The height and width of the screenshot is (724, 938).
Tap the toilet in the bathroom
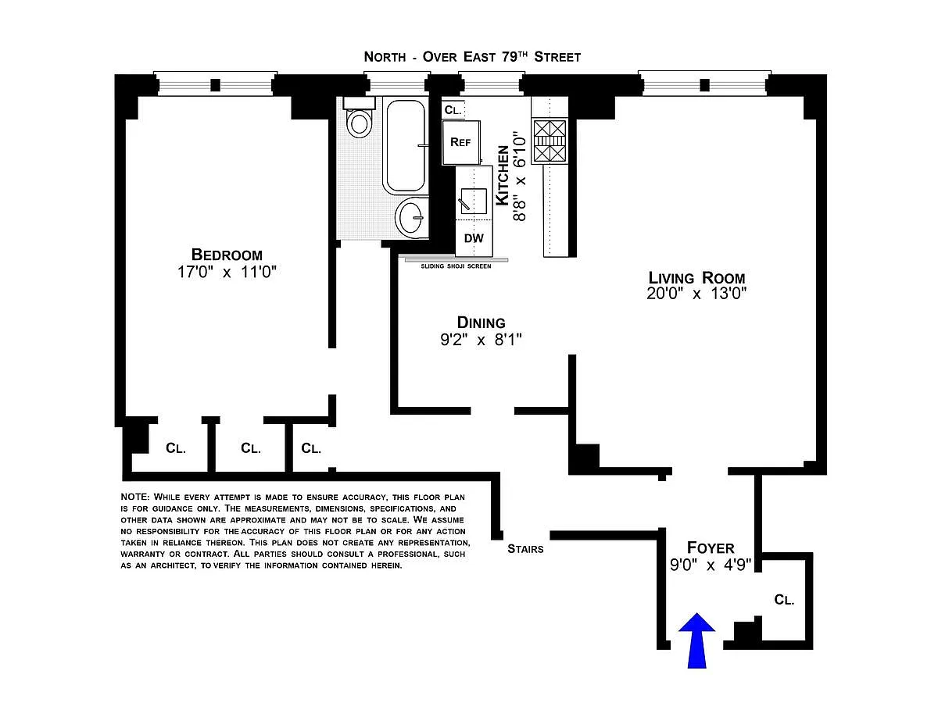coord(360,121)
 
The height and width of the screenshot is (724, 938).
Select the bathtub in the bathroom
coord(404,145)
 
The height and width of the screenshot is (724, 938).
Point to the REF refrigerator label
coord(460,142)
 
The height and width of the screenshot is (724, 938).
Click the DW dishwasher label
coord(474,238)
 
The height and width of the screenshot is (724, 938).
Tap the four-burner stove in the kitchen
coord(549,141)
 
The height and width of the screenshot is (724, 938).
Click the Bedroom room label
coord(227,255)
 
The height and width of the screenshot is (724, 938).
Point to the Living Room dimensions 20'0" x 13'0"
coord(696,294)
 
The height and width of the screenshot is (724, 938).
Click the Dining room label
coord(481,323)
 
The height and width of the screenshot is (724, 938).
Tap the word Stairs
coord(524,548)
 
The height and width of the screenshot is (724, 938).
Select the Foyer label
coord(710,547)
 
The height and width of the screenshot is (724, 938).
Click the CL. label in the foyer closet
coord(784,600)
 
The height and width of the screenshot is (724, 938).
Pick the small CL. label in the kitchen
coord(453,110)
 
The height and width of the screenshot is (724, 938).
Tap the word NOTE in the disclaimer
coord(134,498)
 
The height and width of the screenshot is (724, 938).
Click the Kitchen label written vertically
coord(503,180)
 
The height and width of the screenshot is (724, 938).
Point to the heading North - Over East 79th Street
coord(472,57)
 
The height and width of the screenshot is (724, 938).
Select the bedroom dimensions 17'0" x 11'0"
coord(227,272)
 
